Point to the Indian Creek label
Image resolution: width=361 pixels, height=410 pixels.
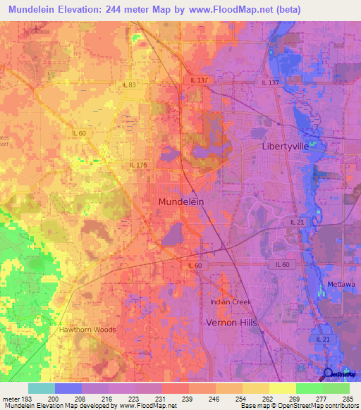231,302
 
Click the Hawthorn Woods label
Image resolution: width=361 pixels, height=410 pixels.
87,329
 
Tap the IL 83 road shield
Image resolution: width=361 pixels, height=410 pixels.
128,85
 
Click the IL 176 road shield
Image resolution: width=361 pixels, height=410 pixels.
137,165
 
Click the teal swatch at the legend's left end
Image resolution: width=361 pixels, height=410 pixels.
42,388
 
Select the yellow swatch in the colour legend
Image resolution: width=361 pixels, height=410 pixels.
282,388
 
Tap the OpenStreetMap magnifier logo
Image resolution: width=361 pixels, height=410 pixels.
329,374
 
